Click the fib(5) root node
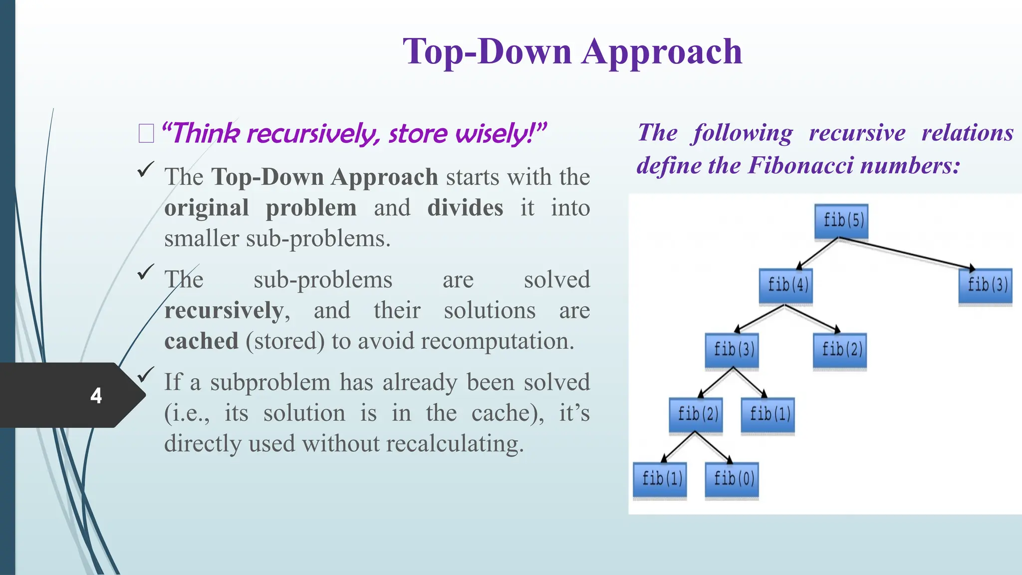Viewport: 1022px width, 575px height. click(841, 221)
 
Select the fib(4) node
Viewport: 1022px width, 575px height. click(786, 286)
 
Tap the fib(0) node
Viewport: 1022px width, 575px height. click(732, 479)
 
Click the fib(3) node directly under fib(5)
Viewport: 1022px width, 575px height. click(986, 286)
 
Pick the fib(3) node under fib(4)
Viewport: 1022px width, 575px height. click(732, 350)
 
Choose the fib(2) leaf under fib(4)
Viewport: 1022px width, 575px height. click(840, 350)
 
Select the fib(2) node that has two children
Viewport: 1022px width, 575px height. click(696, 414)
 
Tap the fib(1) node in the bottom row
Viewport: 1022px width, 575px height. click(660, 479)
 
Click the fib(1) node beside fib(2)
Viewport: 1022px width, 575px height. click(768, 414)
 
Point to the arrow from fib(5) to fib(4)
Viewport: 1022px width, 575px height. click(817, 254)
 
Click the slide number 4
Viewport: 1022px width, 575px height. click(96, 396)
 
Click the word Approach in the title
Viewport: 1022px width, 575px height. click(662, 52)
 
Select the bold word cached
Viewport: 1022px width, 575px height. click(201, 341)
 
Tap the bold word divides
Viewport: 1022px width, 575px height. click(465, 208)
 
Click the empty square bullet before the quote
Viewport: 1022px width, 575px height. click(146, 134)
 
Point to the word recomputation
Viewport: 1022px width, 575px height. click(497, 341)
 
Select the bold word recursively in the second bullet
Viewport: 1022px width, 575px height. click(224, 310)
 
